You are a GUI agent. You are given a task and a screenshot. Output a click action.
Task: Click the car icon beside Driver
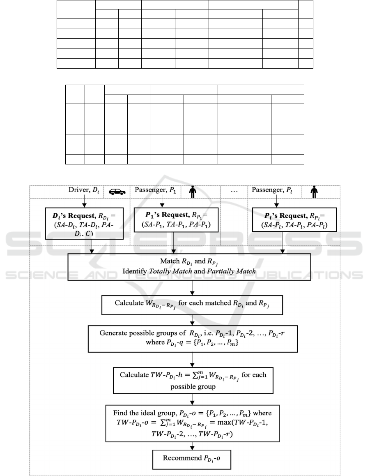click(x=117, y=192)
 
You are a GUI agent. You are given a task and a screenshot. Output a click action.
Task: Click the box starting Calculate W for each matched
click(x=192, y=305)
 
